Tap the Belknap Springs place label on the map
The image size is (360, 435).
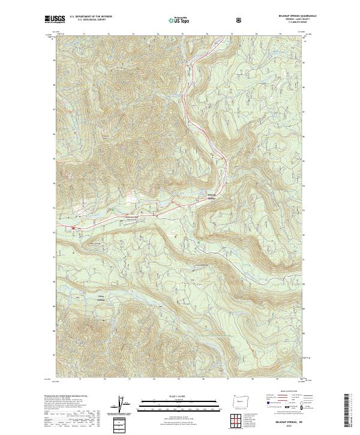211,197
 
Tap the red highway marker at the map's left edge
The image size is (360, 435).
73,228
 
